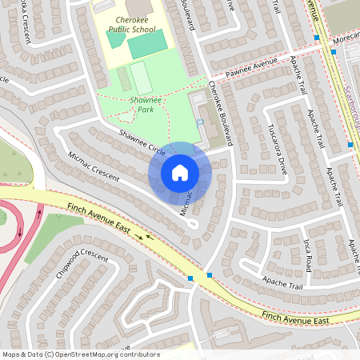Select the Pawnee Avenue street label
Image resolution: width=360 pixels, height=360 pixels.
(x=250, y=66)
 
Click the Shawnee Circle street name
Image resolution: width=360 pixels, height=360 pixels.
(x=142, y=142)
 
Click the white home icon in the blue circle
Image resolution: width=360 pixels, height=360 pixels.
(x=180, y=171)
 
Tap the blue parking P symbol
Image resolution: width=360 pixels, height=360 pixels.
(x=198, y=122)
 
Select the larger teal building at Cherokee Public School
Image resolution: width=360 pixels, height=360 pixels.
(x=148, y=44)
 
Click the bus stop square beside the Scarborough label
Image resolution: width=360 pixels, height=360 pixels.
(x=350, y=145)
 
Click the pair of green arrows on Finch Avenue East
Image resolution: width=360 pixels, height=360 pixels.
(x=144, y=237)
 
